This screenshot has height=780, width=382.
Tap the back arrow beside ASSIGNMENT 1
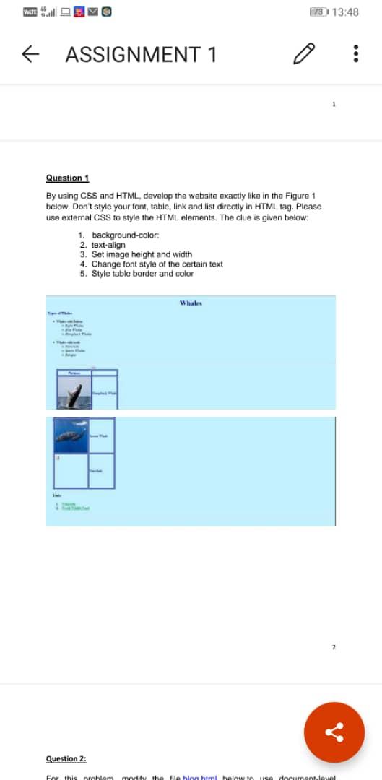[30, 55]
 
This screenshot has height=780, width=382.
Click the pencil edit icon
[304, 55]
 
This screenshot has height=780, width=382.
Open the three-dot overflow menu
[355, 55]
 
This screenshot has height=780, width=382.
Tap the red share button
[334, 733]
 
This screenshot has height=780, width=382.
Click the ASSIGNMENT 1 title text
[141, 55]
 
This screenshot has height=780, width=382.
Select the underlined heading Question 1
[67, 178]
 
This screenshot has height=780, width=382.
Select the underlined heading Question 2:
[66, 758]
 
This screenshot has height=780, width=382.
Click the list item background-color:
[126, 235]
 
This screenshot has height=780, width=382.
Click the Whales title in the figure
[191, 303]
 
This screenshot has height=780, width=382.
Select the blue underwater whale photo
[72, 435]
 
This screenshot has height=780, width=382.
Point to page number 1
[334, 105]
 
